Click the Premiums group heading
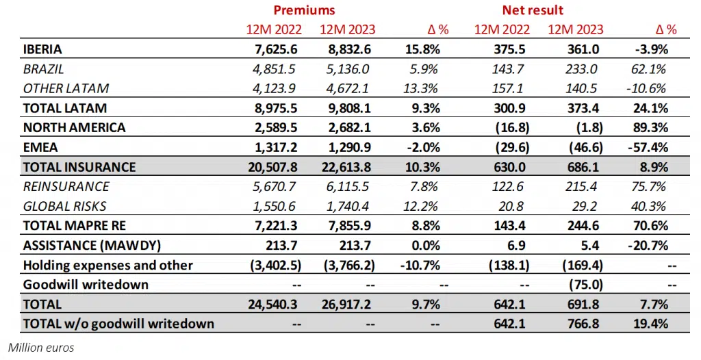tap(304, 10)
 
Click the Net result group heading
tap(533, 10)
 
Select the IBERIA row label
tap(42, 49)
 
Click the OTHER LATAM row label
tap(66, 88)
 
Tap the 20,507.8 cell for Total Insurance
tap(274, 167)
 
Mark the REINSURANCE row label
tap(66, 187)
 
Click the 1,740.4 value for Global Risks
tap(347, 207)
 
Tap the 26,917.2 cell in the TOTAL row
tap(345, 305)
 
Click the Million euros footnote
tap(42, 348)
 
